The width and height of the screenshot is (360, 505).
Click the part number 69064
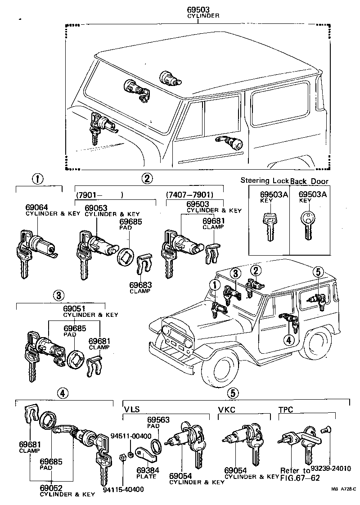click(36, 207)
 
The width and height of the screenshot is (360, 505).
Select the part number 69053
click(95, 208)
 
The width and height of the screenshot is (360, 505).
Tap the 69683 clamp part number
click(140, 285)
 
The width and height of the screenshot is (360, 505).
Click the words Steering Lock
click(264, 180)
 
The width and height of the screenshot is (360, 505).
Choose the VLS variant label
click(132, 409)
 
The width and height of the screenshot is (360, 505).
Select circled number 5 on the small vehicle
click(318, 271)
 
